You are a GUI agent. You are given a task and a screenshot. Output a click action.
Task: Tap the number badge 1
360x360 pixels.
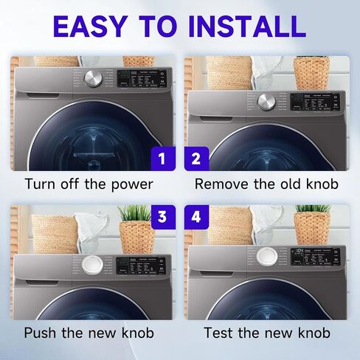163,158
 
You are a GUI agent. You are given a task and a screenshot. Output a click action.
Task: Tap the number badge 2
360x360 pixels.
196,158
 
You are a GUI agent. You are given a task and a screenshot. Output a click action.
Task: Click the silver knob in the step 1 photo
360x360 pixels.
94,80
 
